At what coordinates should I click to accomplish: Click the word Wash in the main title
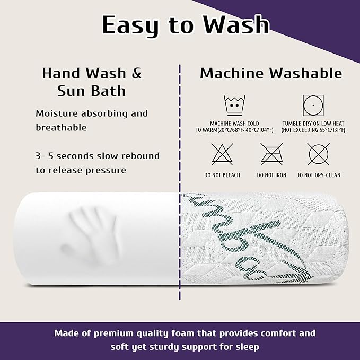[236, 24]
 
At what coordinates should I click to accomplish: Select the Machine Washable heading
[271, 73]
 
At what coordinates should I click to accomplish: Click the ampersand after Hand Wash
[137, 73]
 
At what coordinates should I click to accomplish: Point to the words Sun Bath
[92, 91]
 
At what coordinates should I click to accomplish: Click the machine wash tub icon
[234, 106]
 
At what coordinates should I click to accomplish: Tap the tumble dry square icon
[313, 106]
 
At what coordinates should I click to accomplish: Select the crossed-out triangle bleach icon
[222, 154]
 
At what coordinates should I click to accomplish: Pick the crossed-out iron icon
[272, 154]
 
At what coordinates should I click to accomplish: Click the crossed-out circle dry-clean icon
[319, 154]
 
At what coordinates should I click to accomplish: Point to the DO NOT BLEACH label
[222, 175]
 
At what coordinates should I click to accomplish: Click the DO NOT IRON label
[271, 175]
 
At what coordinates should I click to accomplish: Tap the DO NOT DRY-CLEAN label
[319, 175]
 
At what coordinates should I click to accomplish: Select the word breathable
[62, 128]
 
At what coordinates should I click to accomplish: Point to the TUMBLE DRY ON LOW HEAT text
[313, 124]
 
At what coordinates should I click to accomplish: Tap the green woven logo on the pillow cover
[248, 239]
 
